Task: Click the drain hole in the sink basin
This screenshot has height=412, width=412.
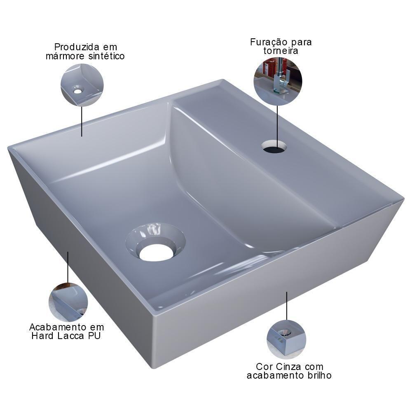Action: point(156,252)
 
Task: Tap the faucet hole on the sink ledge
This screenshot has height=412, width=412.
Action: point(274,147)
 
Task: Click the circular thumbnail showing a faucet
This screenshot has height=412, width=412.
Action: point(278,81)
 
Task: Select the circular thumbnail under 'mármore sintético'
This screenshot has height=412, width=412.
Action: point(82,85)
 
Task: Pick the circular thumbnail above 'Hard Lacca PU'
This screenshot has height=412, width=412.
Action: point(68,302)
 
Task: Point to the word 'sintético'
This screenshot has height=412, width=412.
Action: point(107,56)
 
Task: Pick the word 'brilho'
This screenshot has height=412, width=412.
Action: point(318,375)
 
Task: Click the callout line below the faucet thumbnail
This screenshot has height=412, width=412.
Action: point(277,124)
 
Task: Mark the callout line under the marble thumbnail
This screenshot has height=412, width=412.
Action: point(82,121)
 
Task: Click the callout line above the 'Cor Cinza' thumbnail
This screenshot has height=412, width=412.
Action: point(287,305)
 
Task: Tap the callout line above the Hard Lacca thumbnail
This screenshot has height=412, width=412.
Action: point(68,267)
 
